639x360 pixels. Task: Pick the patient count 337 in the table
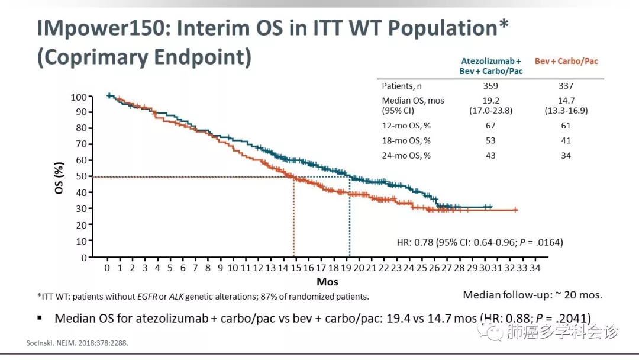(566, 86)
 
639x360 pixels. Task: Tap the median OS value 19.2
(490, 101)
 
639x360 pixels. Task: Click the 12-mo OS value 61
(566, 126)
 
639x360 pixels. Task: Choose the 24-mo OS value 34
(566, 155)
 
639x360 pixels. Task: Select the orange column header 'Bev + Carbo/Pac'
(566, 61)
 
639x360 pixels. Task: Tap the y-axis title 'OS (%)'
(60, 176)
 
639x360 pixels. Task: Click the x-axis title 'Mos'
(327, 282)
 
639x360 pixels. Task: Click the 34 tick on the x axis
(534, 268)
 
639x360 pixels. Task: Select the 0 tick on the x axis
(107, 268)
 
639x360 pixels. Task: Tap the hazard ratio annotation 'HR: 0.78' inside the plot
(415, 242)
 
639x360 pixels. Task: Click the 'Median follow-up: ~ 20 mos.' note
(532, 295)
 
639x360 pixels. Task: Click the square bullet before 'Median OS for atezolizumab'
(40, 317)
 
